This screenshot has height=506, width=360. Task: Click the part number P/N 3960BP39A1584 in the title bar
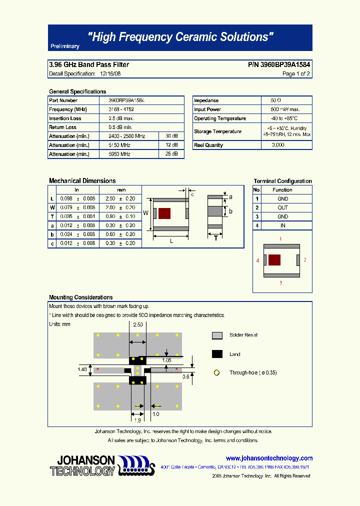[279, 64]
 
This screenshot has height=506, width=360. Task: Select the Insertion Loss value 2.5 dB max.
[121, 118]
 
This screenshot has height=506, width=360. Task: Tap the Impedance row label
[206, 100]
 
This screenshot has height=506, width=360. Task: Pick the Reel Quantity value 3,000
[278, 145]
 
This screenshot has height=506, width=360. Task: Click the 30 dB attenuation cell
[171, 136]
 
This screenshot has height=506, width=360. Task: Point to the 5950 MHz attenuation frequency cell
[119, 154]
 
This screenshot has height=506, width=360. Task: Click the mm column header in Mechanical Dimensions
[121, 190]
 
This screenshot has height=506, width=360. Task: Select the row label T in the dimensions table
[51, 216]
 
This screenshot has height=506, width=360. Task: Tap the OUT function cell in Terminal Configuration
[283, 207]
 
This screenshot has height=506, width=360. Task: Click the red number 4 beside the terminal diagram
[257, 260]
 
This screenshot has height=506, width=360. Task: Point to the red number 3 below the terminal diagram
[280, 283]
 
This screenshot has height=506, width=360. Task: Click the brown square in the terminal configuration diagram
[274, 260]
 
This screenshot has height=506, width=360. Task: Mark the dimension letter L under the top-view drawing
[171, 241]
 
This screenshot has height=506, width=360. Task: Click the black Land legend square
[217, 354]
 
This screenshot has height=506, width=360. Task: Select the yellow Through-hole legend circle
[217, 372]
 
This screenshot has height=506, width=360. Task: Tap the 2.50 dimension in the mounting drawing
[138, 324]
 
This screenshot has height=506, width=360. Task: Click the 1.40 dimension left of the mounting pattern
[82, 369]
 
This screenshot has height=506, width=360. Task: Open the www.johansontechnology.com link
[269, 458]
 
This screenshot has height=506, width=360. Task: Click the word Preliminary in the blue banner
[65, 46]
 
